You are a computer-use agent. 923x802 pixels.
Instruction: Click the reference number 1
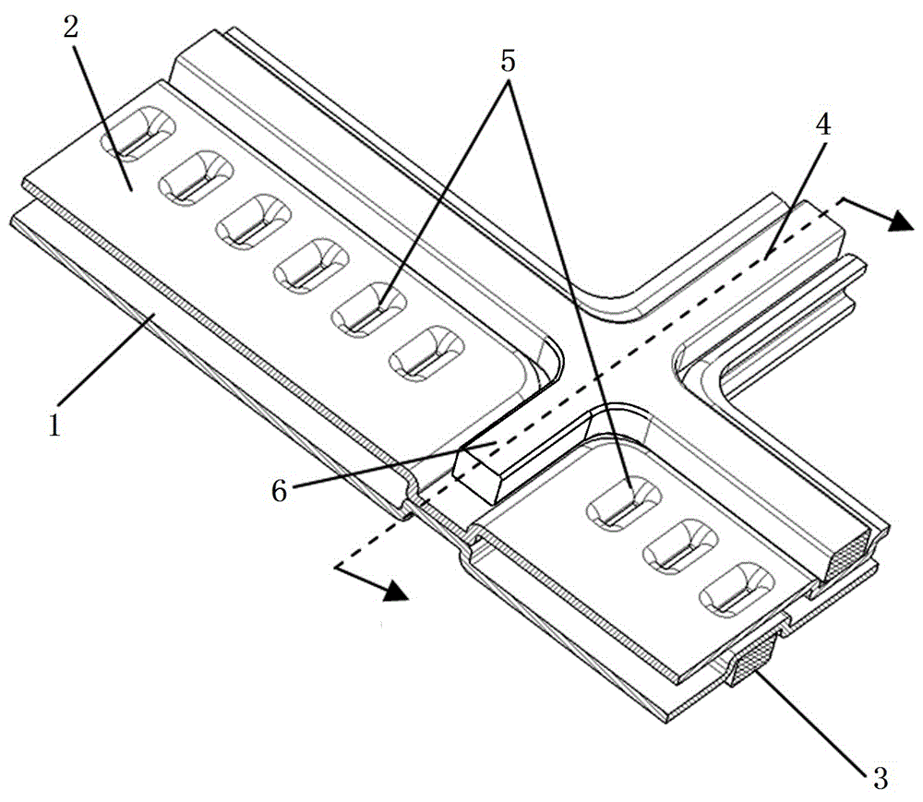(x=54, y=425)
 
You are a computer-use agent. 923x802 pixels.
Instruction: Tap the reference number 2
(x=71, y=27)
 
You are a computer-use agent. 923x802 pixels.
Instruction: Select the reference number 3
(x=880, y=778)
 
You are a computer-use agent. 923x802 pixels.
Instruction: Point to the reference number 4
(x=823, y=124)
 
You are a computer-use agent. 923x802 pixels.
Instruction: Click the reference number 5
(x=508, y=60)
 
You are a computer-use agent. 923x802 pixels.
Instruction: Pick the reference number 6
(x=279, y=489)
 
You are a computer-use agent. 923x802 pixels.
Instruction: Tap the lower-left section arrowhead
(x=396, y=591)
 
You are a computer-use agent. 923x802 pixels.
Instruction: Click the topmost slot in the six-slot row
(x=138, y=134)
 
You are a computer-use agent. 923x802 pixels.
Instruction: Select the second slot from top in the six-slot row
(x=196, y=178)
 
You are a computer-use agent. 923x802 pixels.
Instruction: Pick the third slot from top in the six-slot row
(x=254, y=221)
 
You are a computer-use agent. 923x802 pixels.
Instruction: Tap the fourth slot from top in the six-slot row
(x=312, y=266)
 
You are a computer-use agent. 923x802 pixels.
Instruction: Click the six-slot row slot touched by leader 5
(x=369, y=309)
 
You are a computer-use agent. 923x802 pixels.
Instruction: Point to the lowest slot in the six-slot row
(x=426, y=353)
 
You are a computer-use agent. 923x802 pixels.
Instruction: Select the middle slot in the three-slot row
(x=680, y=547)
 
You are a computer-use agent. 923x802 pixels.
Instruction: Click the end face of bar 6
(x=477, y=475)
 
